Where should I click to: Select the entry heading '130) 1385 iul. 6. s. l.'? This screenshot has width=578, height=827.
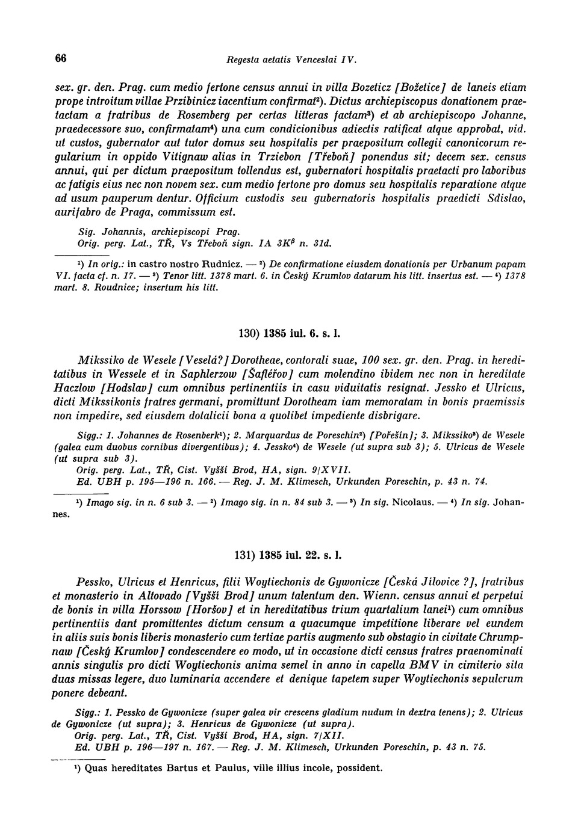tap(290, 333)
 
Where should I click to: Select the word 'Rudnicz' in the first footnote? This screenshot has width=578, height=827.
tap(219, 263)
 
